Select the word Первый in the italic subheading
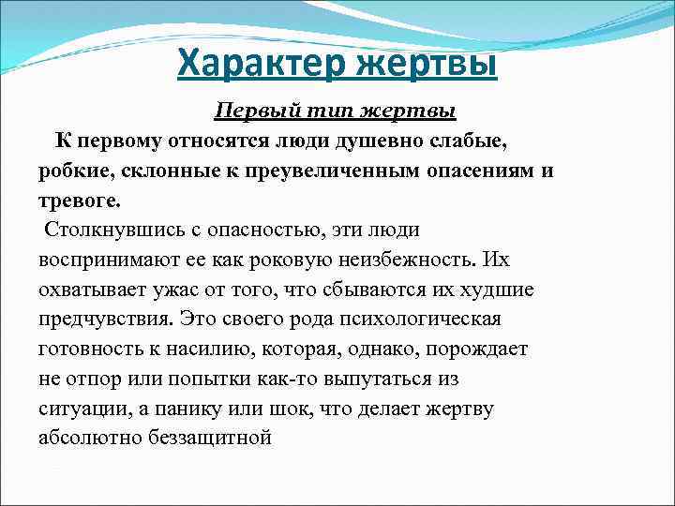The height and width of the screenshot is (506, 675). click(250, 112)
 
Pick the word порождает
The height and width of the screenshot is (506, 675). click(481, 350)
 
